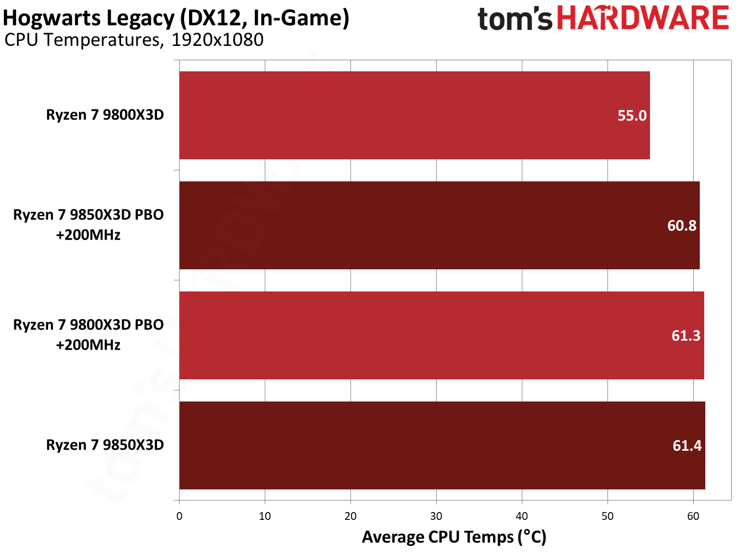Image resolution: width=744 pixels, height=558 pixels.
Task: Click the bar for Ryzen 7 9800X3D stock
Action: pos(415,115)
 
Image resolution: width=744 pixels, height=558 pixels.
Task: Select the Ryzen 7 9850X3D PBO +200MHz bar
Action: pos(439,225)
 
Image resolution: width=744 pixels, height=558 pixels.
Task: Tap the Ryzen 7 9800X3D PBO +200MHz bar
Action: pos(442,335)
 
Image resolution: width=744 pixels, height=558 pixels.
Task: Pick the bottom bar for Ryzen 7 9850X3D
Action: pos(442,445)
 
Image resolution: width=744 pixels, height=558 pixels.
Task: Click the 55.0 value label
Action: pos(632,116)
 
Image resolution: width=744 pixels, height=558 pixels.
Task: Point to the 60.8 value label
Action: pos(682,226)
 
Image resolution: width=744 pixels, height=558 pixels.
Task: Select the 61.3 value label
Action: pos(685,336)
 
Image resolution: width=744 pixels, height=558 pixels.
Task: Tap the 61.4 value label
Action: pos(687,446)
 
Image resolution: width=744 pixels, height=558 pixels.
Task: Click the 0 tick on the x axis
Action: pos(180,516)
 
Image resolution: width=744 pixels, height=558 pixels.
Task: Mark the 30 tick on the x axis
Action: pos(436,516)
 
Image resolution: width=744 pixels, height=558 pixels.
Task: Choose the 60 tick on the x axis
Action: pos(693,516)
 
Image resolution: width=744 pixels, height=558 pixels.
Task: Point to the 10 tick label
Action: pos(265,516)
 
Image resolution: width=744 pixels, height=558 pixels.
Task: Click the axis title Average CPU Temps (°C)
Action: pos(454,537)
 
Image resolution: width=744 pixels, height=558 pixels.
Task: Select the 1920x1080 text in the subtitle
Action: pos(217,40)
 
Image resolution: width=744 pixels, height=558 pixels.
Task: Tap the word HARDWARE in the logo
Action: pos(643,18)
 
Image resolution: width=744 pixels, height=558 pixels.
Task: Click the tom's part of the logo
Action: pos(515,19)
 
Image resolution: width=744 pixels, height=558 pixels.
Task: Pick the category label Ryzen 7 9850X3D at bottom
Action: pos(105,445)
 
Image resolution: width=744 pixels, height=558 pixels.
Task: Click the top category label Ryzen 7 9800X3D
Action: pos(105,115)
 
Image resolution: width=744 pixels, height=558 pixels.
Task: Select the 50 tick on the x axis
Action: pos(607,516)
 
